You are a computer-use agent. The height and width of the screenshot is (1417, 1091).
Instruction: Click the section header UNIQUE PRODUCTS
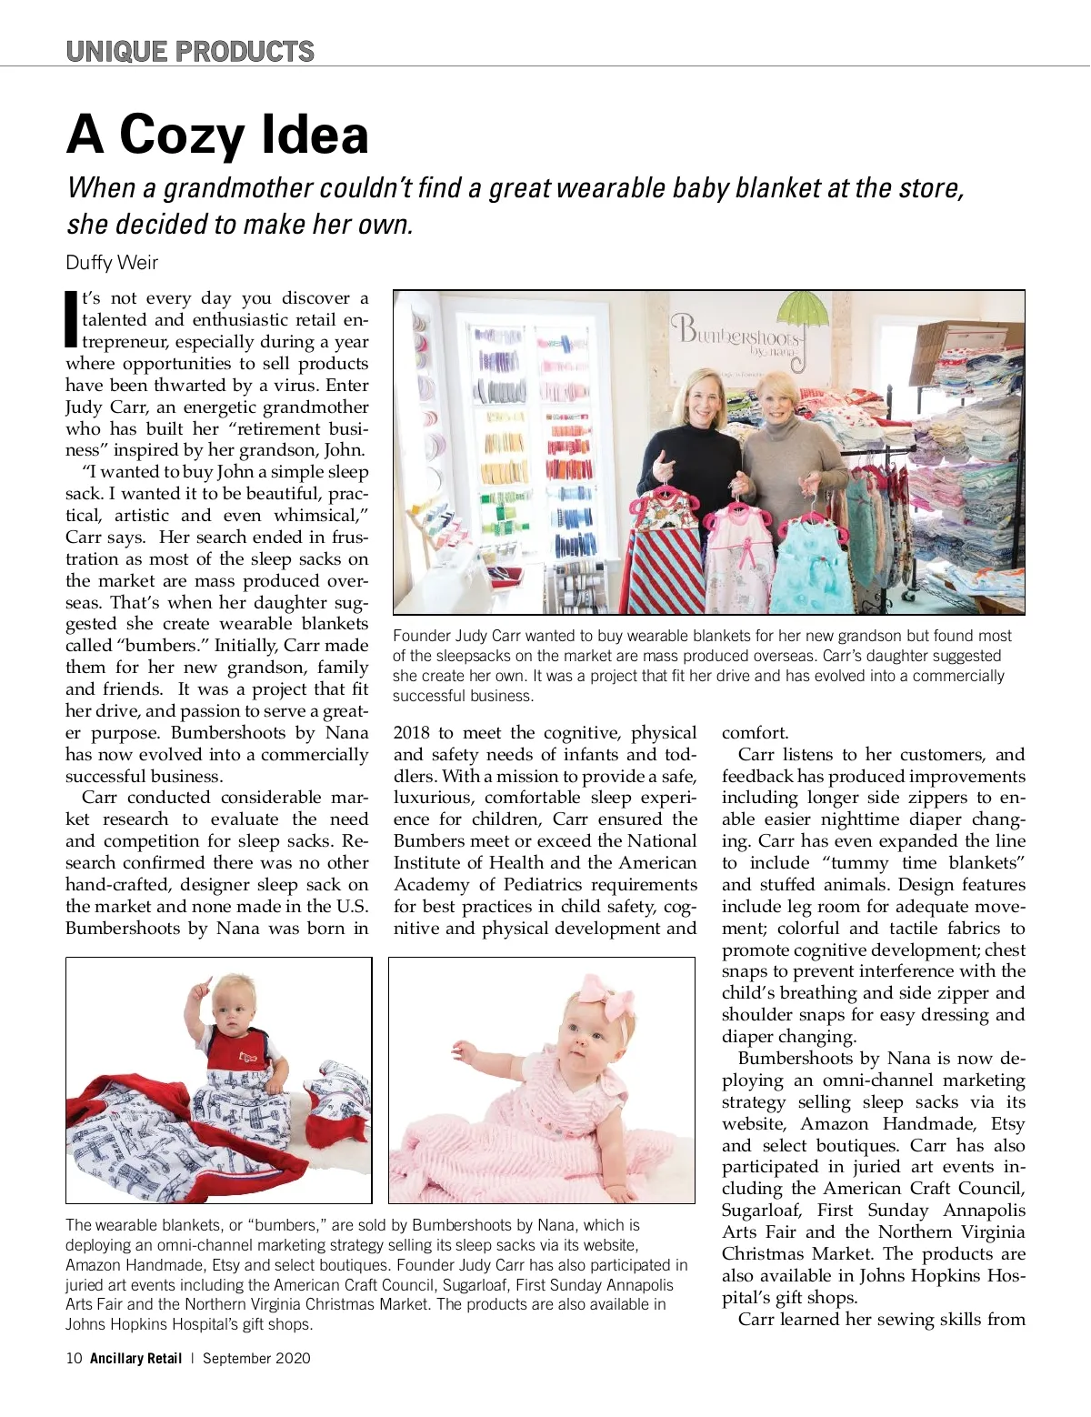[190, 51]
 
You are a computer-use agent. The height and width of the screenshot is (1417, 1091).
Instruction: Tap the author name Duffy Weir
[112, 263]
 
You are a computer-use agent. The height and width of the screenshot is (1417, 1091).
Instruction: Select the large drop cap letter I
[72, 319]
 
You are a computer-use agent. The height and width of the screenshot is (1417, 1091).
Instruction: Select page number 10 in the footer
[74, 1358]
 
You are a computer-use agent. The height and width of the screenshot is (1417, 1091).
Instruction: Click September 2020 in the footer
[256, 1358]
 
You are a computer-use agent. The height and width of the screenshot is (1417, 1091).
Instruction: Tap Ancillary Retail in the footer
[135, 1358]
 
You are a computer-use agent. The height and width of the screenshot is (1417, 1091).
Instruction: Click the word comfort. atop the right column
[756, 733]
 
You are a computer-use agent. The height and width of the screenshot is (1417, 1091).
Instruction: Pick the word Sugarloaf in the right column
[760, 1211]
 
